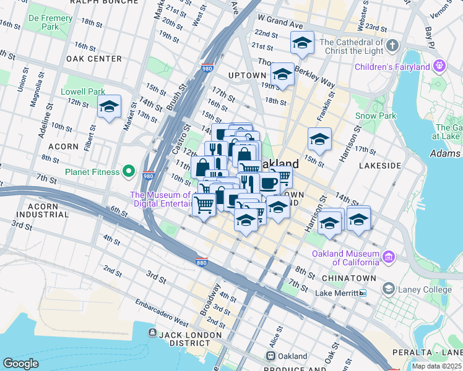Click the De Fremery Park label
point(50,23)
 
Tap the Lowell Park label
point(83,92)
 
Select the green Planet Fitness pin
point(129,171)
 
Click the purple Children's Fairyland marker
point(440,65)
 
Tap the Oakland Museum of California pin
point(388,257)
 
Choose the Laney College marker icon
point(388,289)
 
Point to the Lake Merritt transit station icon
point(363,293)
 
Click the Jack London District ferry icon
point(152,333)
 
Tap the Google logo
point(20,364)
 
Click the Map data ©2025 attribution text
point(436,366)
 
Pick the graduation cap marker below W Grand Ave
point(301,43)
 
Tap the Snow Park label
point(375,116)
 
